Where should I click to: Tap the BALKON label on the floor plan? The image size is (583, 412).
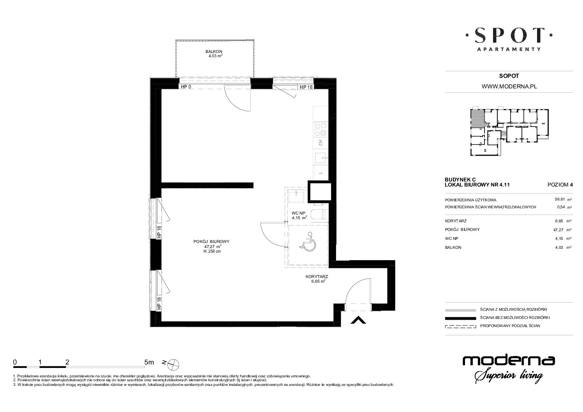(214, 51)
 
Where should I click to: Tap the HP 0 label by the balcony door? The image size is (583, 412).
(186, 87)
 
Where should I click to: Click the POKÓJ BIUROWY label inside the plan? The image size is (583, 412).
(211, 241)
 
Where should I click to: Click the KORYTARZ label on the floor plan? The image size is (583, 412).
(317, 276)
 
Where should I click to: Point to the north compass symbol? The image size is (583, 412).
(173, 364)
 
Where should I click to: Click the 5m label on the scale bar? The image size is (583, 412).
(149, 362)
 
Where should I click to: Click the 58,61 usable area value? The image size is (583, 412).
(560, 199)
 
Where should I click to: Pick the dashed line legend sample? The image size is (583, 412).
(460, 326)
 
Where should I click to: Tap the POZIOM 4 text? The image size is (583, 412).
(560, 185)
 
